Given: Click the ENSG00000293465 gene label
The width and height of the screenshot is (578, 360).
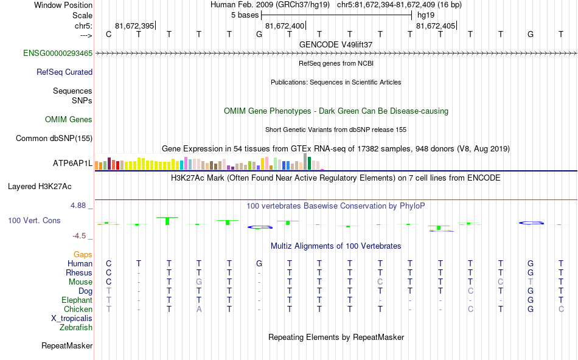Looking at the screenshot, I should click(58, 54).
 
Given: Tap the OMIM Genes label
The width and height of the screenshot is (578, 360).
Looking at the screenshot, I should click(69, 120).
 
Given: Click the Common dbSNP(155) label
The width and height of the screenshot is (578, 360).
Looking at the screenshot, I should click(54, 139).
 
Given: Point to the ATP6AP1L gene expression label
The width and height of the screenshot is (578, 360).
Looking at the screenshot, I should click(72, 164).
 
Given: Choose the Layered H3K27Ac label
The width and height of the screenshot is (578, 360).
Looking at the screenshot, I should click(48, 186).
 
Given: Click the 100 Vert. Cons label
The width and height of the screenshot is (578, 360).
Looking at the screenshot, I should click(34, 220).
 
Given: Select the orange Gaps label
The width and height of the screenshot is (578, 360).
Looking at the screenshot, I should click(83, 254).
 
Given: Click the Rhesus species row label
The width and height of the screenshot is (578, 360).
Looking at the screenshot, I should click(78, 273).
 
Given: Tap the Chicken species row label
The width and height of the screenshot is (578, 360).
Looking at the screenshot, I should click(78, 310).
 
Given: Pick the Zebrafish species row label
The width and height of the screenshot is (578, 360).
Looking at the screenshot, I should click(76, 328).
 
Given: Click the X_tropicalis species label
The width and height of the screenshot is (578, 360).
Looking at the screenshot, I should click(72, 319).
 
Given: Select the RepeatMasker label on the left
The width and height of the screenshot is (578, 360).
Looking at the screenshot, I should click(67, 346).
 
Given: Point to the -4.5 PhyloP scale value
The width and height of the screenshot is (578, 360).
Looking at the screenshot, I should click(79, 236).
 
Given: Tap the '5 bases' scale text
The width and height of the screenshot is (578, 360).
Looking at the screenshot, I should click(245, 15).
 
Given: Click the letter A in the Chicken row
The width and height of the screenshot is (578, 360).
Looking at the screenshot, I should click(198, 310).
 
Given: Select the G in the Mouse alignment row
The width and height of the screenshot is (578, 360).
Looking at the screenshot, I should click(198, 282).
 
